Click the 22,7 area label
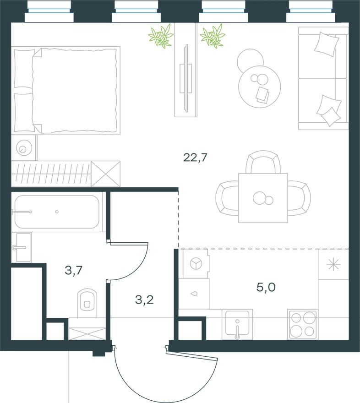point(196,158)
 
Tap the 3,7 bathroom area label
point(73,271)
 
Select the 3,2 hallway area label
point(144,300)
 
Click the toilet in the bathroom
point(87,301)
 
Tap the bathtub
point(57,212)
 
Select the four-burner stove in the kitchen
point(302,324)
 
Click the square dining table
point(262,198)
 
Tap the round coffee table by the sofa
point(259,86)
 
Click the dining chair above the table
point(262,163)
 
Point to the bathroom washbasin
point(22,247)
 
